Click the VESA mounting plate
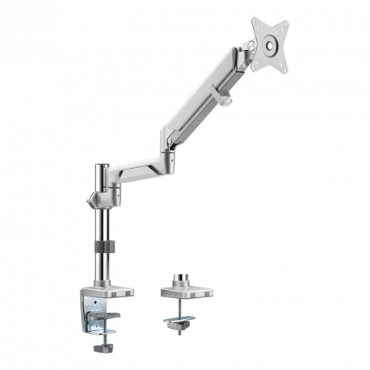tap(271, 44)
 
